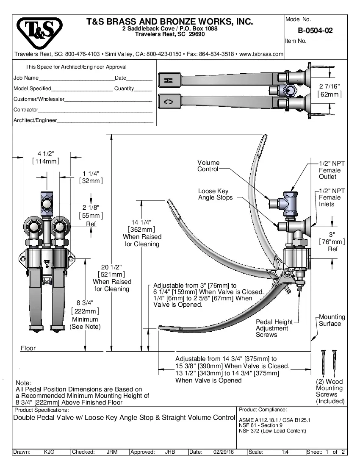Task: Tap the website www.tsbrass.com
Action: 261,54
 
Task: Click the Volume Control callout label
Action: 208,166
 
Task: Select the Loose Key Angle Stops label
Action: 215,194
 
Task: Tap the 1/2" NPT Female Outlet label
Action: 330,169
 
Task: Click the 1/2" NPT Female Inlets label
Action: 330,197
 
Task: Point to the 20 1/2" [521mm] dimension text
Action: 112,278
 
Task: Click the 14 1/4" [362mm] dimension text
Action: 142,233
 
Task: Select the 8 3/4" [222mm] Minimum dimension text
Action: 85,314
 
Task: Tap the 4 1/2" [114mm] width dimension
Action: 46,157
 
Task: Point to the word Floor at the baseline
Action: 28,348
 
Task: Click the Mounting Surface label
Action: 332,320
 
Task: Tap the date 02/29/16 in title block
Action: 224,452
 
